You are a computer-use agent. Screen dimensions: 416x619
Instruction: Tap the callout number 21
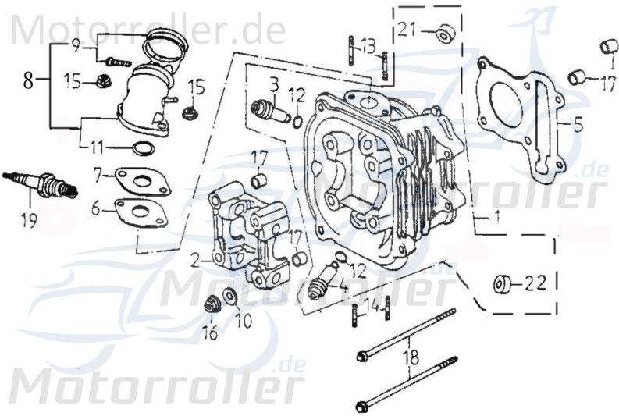(x=407, y=30)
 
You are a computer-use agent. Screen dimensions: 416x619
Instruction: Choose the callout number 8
(x=28, y=80)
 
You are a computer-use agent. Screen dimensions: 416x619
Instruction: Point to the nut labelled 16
(x=209, y=304)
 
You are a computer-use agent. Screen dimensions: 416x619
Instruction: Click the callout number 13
(x=368, y=42)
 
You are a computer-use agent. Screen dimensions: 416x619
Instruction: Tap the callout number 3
(x=275, y=83)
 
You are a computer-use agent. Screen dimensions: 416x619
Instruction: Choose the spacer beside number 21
(x=446, y=34)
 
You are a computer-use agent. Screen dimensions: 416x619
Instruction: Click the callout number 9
(x=76, y=44)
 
